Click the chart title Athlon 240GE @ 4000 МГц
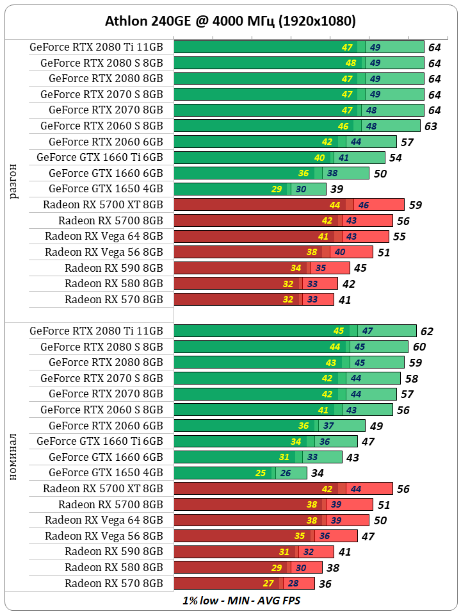coord(230,21)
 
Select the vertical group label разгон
coord(15,181)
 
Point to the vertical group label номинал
coord(15,457)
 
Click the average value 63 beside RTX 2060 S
coord(431,126)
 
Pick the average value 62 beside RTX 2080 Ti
coord(427,331)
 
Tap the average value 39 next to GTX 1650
coord(337,189)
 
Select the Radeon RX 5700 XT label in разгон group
coord(103,204)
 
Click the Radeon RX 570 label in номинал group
coord(113,583)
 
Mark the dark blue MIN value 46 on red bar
coord(363,205)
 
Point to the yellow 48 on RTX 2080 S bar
coord(351,63)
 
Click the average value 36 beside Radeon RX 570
coord(325,584)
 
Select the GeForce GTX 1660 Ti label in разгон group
coord(100,157)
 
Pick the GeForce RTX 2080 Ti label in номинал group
coord(96,331)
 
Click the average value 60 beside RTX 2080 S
coord(419,347)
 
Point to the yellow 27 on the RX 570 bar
coord(269,583)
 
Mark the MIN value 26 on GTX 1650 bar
coord(285,474)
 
